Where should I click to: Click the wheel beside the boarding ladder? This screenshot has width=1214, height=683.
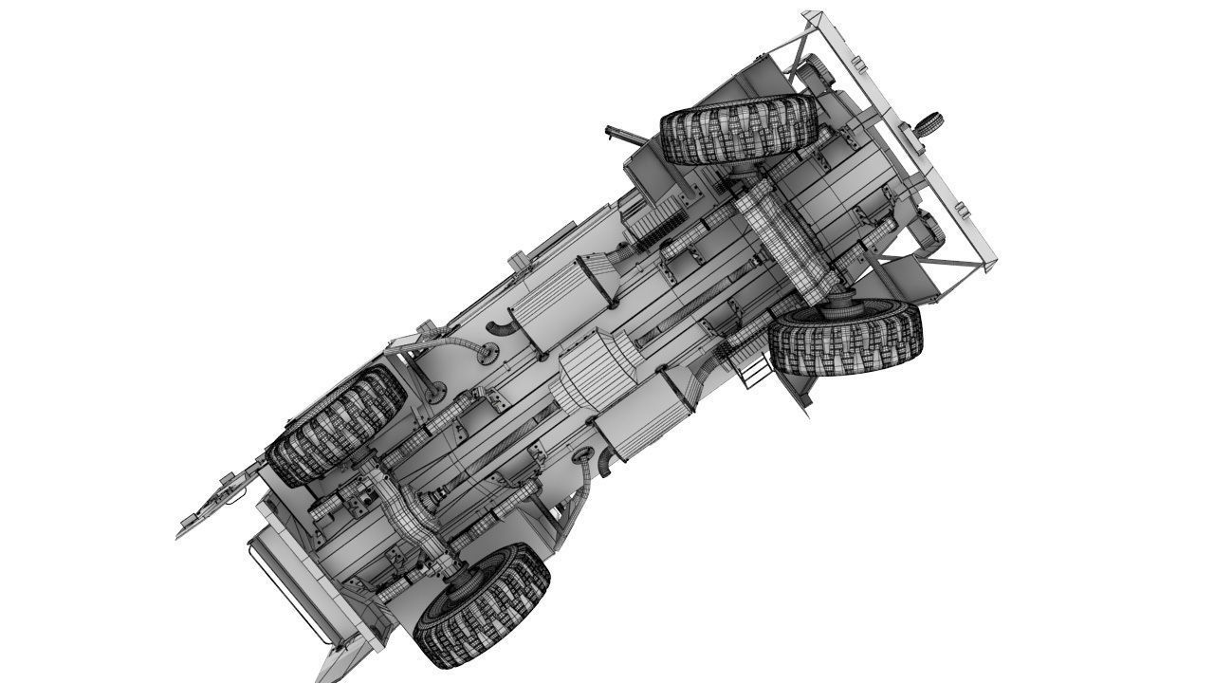tap(844, 338)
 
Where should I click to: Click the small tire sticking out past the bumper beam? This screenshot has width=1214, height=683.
tap(929, 123)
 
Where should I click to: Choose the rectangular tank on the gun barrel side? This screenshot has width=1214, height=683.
tap(561, 304)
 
